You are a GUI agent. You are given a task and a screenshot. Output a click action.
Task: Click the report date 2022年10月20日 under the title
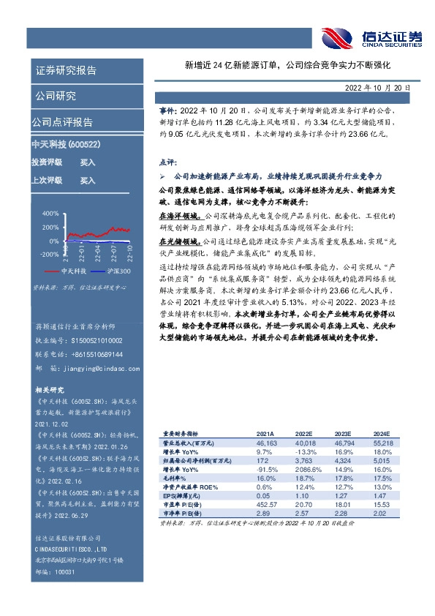379,87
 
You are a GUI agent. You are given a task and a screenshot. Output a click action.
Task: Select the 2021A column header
267,433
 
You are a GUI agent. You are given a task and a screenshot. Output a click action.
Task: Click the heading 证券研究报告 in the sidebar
67,71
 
